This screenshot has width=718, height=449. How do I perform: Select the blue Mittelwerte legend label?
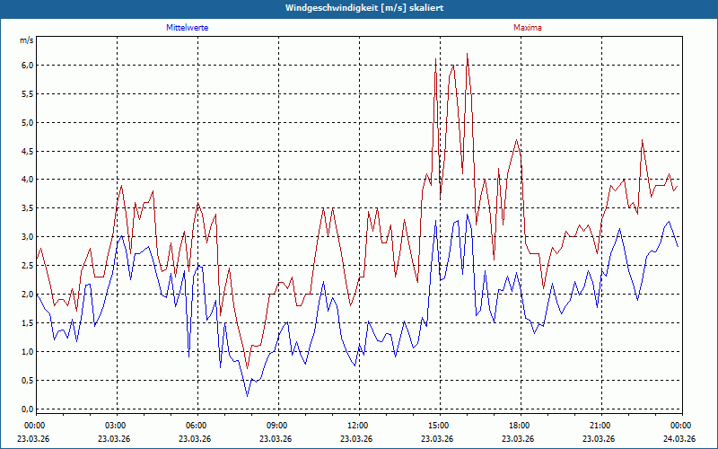pyautogui.click(x=188, y=28)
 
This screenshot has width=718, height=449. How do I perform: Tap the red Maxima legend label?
pyautogui.click(x=527, y=28)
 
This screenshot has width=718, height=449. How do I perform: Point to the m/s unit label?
pyautogui.click(x=26, y=40)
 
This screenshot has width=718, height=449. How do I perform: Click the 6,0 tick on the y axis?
pyautogui.click(x=26, y=65)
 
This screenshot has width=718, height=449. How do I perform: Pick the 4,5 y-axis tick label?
pyautogui.click(x=26, y=151)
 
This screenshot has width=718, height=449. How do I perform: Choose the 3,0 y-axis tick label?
pyautogui.click(x=26, y=237)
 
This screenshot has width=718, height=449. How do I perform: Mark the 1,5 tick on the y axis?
pyautogui.click(x=26, y=323)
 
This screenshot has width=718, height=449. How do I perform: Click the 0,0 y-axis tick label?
pyautogui.click(x=26, y=409)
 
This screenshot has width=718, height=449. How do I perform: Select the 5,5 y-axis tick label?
pyautogui.click(x=26, y=93)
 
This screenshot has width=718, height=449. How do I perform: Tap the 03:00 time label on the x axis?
pyautogui.click(x=116, y=426)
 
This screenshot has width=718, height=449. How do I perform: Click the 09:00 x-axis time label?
pyautogui.click(x=277, y=426)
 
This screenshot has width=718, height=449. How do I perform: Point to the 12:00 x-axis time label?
pyautogui.click(x=358, y=426)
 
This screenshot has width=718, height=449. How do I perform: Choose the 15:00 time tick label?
pyautogui.click(x=439, y=426)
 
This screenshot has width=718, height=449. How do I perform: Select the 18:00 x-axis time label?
pyautogui.click(x=520, y=426)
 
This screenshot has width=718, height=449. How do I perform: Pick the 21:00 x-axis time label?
pyautogui.click(x=600, y=426)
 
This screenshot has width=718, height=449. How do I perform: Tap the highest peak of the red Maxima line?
pyautogui.click(x=468, y=54)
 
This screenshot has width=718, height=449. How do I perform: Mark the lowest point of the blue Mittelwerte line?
pyautogui.click(x=248, y=396)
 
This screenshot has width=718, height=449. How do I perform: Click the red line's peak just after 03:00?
pyautogui.click(x=121, y=186)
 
